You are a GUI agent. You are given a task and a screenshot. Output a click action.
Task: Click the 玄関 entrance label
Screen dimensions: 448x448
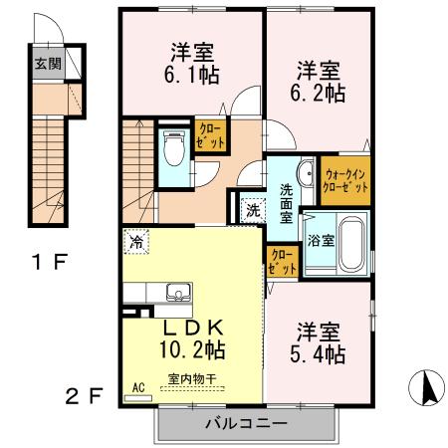(x=46, y=63)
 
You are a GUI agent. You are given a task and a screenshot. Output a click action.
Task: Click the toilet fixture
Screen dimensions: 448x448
(x=174, y=149)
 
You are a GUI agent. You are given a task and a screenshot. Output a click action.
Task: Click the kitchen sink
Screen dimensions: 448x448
(x=179, y=293)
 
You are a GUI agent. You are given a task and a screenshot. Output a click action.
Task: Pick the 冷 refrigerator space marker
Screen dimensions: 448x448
(x=135, y=240)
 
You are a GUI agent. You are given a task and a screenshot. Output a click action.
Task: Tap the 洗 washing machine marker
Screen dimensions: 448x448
(x=252, y=210)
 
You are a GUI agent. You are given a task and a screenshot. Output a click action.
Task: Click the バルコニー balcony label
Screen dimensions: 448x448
(x=246, y=423)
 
